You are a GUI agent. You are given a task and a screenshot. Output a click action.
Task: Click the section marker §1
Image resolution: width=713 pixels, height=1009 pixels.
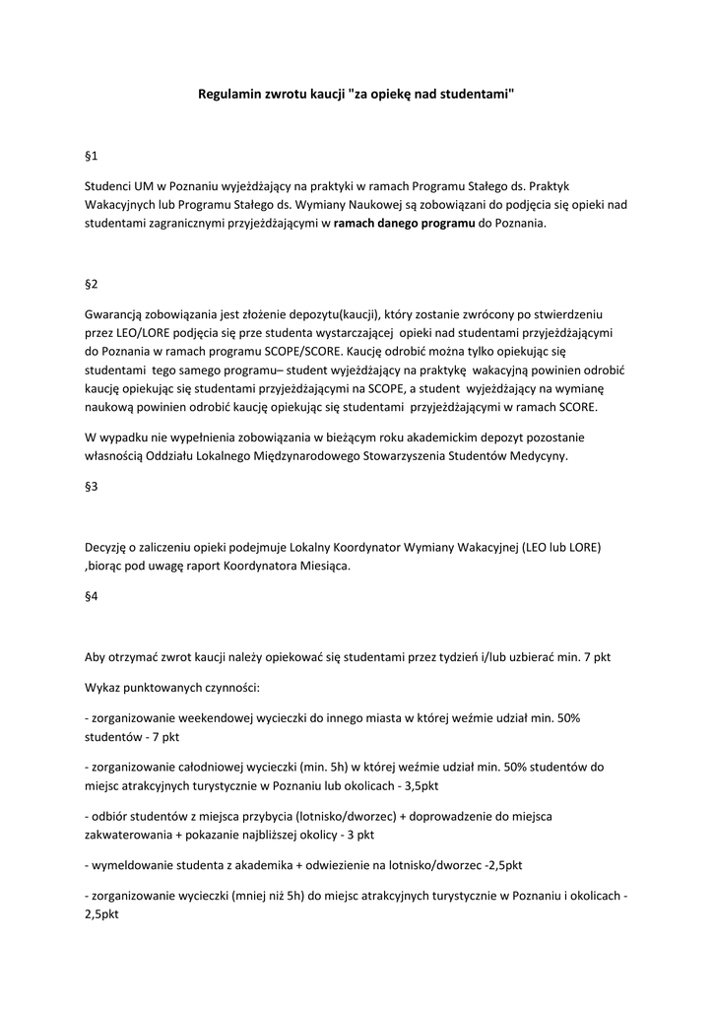point(92,156)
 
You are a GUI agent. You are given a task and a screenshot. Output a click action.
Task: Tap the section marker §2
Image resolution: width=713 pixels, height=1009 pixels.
point(92,284)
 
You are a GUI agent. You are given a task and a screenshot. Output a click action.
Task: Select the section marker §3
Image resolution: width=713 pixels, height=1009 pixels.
point(92,487)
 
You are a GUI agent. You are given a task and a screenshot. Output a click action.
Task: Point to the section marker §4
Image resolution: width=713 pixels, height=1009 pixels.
point(92,597)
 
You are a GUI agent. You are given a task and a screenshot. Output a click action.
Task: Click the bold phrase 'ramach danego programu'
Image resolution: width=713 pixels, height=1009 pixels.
point(404,224)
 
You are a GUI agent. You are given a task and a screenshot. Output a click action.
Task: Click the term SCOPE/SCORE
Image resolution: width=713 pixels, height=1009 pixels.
point(306,351)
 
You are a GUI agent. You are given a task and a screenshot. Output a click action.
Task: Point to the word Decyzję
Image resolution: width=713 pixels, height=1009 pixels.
point(109,547)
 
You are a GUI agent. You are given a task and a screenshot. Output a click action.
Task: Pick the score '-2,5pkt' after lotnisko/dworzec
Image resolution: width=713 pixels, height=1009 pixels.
point(502,865)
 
